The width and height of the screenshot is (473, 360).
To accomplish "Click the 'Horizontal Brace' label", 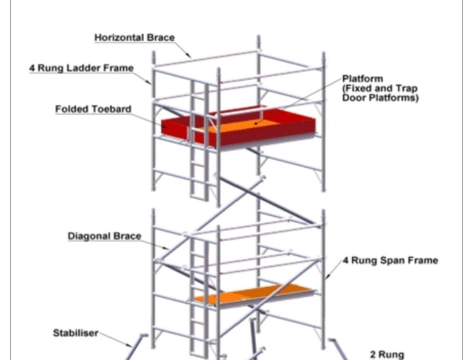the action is coord(134,38).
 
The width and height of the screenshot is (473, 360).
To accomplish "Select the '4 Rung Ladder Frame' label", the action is coord(81,68).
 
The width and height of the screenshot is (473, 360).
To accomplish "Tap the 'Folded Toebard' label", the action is coord(93,109).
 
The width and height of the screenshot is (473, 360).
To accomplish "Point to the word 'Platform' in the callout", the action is coord(363,79).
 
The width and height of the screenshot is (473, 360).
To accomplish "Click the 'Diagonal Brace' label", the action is coord(104,236).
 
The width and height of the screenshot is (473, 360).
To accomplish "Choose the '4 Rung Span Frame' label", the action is coord(390,260).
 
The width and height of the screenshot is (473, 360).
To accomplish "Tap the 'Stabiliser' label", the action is coord(75,333).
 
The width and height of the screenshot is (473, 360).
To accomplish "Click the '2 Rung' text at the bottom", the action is coord(386,354).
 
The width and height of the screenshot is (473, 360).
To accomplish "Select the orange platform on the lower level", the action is coord(253,293).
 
